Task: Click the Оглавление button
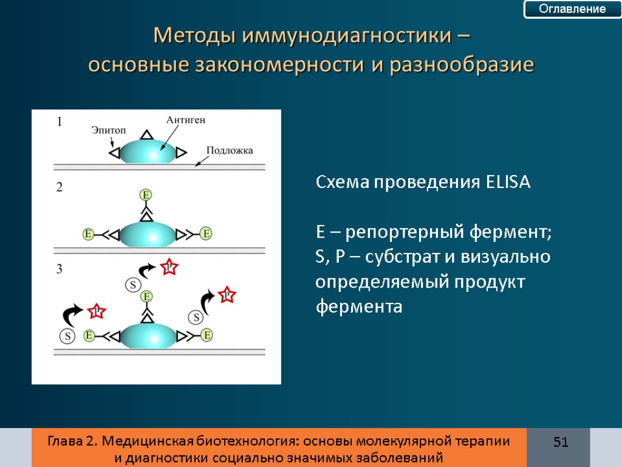(573, 9)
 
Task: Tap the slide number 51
(560, 442)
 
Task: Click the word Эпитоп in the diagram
(109, 130)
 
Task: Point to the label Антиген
(185, 120)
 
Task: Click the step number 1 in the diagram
(60, 122)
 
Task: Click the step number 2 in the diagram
(60, 188)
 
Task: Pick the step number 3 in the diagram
(60, 269)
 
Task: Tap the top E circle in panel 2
(146, 195)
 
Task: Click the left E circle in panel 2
(89, 233)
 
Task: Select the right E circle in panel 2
(207, 233)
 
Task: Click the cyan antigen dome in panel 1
(148, 153)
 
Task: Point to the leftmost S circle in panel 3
(67, 335)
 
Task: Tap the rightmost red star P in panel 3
(227, 296)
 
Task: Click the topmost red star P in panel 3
(169, 267)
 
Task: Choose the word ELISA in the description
(508, 182)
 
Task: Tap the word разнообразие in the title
(462, 64)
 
